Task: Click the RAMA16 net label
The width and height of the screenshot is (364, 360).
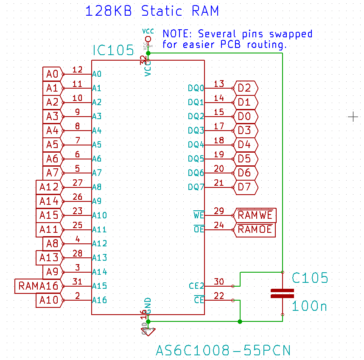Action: (x=38, y=286)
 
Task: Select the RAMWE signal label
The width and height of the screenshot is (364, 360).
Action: (x=255, y=215)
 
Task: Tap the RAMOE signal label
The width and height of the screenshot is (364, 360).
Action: (x=255, y=229)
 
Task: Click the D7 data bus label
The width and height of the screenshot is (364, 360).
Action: (x=245, y=187)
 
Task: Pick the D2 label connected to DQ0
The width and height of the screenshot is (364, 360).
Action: (x=245, y=88)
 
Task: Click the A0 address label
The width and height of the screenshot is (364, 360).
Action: (x=52, y=74)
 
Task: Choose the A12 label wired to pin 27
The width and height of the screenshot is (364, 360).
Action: (x=48, y=187)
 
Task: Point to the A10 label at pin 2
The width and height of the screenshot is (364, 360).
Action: (x=48, y=300)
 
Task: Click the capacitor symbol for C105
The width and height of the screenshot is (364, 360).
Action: (x=282, y=293)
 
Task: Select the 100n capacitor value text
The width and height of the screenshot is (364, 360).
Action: (x=309, y=306)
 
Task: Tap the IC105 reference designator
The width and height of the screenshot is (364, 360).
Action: (x=113, y=51)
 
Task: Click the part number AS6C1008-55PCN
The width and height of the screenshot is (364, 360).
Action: (x=223, y=351)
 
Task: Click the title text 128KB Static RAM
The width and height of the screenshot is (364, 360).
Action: (x=152, y=11)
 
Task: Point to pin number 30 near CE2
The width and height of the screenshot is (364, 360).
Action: (x=219, y=282)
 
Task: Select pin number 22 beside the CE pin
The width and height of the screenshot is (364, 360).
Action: (x=219, y=296)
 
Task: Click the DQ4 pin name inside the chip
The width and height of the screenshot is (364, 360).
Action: (x=196, y=145)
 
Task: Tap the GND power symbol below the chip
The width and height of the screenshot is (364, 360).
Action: (x=146, y=329)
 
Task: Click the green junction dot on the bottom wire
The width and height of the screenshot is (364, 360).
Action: (x=240, y=321)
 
